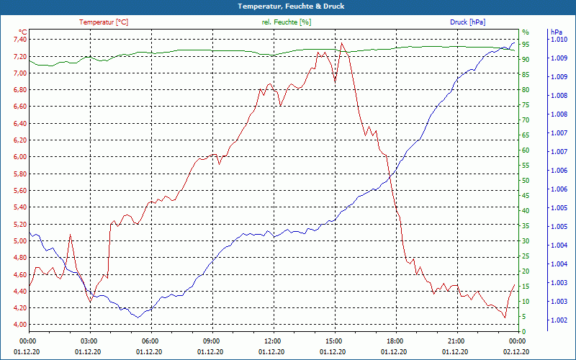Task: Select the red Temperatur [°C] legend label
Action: pos(104,22)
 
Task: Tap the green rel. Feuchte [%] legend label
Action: pos(287,22)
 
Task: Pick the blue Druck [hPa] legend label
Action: pos(468,22)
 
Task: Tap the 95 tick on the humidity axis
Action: pos(526,45)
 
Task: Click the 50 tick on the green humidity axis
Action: pos(526,181)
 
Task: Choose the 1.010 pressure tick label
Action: pos(558,40)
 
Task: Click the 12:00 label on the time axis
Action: pos(273,341)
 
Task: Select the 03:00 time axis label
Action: pos(89,341)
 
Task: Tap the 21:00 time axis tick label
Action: pos(456,341)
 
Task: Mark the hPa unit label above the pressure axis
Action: pos(557,32)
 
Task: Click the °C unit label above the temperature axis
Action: pos(22,32)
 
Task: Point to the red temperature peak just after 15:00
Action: pos(342,43)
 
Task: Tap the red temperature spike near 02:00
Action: pos(70,235)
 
